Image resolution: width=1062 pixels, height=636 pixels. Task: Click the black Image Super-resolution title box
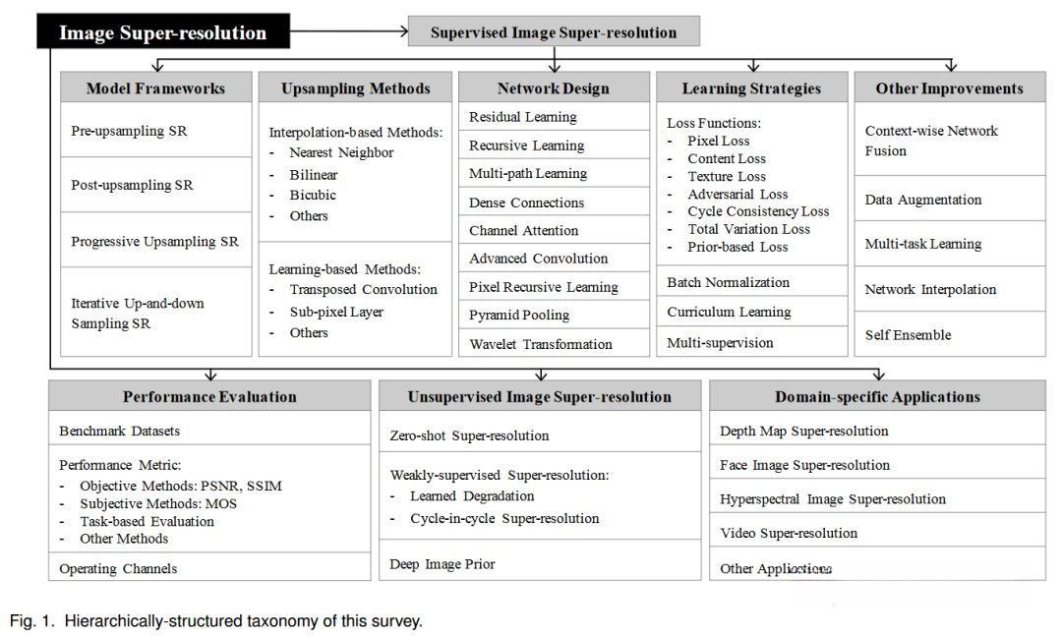163,32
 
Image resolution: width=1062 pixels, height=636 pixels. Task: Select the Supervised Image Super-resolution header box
554,32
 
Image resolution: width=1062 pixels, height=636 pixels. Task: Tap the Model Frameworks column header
155,88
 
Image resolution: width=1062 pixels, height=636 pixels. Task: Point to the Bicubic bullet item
313,195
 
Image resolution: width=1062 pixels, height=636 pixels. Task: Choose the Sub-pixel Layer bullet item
336,312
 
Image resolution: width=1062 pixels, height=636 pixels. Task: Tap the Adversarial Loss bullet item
737,194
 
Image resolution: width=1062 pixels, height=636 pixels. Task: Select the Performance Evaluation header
209,397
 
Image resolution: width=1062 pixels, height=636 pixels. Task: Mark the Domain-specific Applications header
877,397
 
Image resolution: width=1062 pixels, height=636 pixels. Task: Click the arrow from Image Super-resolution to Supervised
350,32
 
